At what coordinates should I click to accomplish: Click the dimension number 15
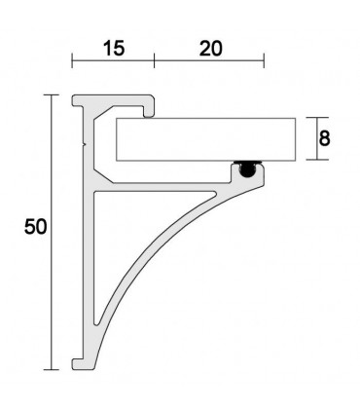(x=112, y=48)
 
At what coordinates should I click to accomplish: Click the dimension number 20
(x=208, y=48)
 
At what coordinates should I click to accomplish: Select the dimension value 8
(x=324, y=138)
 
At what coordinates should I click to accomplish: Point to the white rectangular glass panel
(x=204, y=139)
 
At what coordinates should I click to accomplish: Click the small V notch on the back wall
(x=88, y=143)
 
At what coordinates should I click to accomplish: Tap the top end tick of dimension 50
(x=50, y=94)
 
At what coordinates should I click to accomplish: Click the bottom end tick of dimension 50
(x=50, y=369)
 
